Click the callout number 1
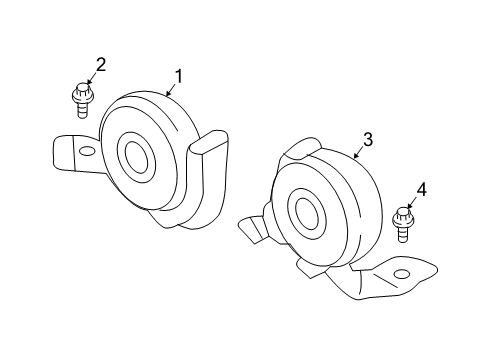[180, 76]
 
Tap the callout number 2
[100, 66]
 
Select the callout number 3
[368, 140]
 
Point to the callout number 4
[420, 188]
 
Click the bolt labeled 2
[80, 97]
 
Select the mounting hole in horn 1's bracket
[87, 152]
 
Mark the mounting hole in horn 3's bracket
[402, 274]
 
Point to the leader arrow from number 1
[170, 90]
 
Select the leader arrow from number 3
[358, 152]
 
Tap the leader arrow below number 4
[411, 202]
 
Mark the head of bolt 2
[79, 92]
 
